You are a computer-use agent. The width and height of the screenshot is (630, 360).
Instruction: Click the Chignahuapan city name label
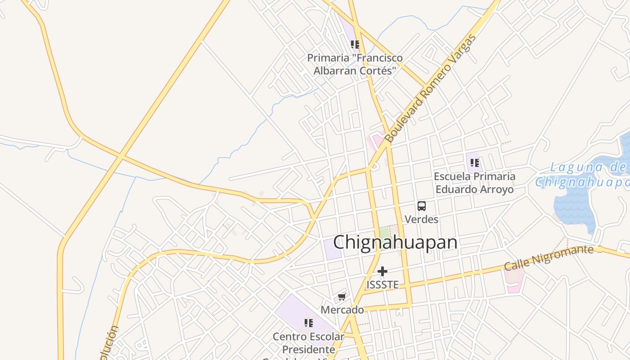[395, 243]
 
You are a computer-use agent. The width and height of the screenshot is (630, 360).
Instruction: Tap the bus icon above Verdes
[421, 206]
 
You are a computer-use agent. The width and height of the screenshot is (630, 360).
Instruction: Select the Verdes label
[421, 219]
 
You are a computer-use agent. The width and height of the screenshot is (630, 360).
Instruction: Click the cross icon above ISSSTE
[382, 271]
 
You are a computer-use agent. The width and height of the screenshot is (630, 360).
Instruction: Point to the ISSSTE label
[382, 285]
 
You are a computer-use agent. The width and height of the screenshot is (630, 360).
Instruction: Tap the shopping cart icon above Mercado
[342, 297]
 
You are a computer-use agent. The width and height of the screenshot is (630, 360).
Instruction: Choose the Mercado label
[342, 310]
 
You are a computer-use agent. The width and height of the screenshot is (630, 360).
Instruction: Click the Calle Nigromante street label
[548, 258]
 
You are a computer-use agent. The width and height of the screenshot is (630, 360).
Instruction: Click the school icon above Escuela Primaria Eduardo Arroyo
[474, 162]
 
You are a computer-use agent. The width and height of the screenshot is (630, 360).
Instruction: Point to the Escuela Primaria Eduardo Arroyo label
[474, 182]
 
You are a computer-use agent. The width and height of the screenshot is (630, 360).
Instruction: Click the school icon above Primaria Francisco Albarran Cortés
[355, 44]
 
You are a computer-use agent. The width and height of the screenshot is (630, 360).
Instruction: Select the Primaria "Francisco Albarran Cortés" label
[355, 64]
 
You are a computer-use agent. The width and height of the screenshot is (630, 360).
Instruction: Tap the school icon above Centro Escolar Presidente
[309, 323]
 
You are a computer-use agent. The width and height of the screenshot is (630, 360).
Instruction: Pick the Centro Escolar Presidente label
[309, 343]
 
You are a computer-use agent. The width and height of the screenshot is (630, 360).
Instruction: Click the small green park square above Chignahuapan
[384, 233]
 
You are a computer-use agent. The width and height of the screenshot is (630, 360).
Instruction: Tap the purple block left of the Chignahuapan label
[332, 249]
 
